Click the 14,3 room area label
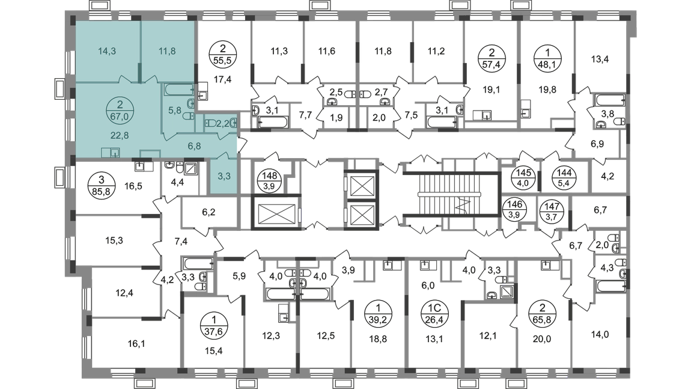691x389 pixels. tap(106, 51)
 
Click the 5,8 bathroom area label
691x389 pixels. tap(173, 110)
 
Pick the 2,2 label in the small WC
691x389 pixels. tap(222, 123)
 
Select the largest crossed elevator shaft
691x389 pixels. tap(274, 212)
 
